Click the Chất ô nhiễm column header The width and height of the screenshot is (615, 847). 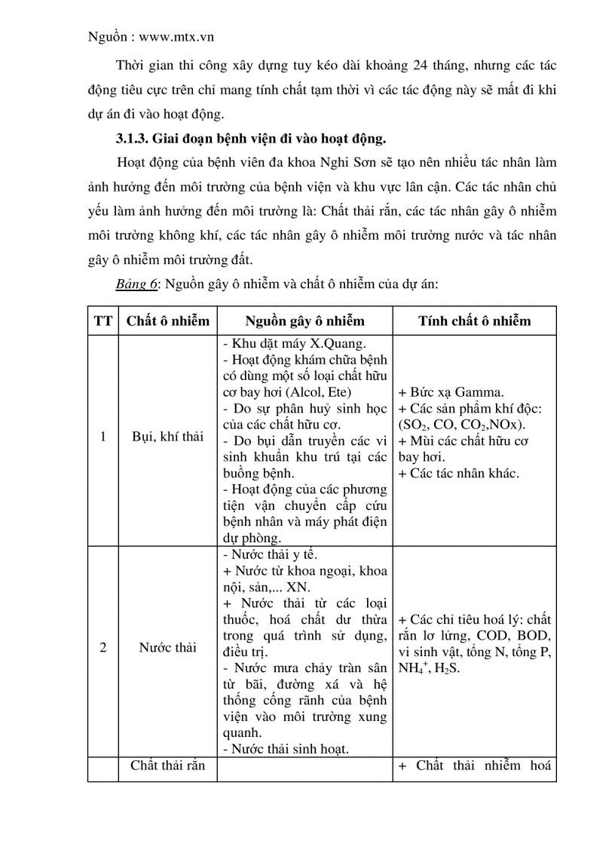167,321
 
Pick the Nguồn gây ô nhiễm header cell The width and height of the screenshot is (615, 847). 304,321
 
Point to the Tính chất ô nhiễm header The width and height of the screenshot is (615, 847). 474,321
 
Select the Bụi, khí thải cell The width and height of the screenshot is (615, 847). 167,436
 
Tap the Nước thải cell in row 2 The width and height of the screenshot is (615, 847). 167,647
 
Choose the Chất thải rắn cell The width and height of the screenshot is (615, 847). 167,766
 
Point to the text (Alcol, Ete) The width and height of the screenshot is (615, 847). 313,392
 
